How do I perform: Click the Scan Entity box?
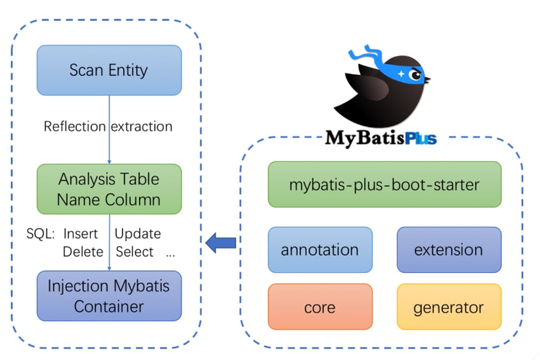click(x=109, y=71)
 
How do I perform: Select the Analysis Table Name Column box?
click(x=109, y=189)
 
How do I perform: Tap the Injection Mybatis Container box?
click(x=109, y=296)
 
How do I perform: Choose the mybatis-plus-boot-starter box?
click(x=384, y=184)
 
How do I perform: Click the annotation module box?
click(x=320, y=250)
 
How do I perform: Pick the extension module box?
click(x=449, y=250)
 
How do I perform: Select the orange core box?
click(x=320, y=307)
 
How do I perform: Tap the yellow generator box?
click(x=449, y=307)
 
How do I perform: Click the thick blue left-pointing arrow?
click(x=221, y=243)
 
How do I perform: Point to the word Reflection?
click(x=74, y=127)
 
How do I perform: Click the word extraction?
click(x=142, y=127)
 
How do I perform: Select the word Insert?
click(x=81, y=234)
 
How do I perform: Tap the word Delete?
click(x=83, y=252)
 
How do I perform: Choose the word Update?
click(x=138, y=234)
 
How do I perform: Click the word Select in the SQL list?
click(x=135, y=252)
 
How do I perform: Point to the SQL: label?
click(x=40, y=234)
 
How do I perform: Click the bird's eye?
click(x=415, y=75)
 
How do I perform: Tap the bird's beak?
click(x=427, y=80)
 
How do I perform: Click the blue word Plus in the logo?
click(x=421, y=138)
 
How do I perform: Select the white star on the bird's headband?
click(x=401, y=73)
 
